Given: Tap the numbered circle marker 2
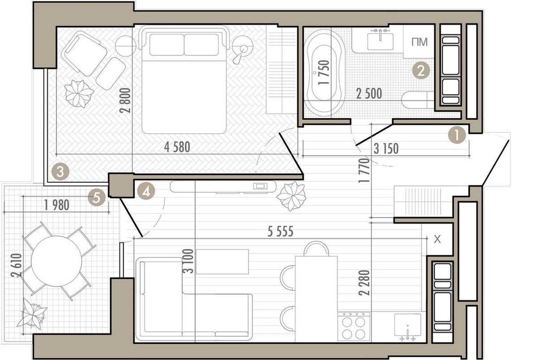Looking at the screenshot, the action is click(421, 71).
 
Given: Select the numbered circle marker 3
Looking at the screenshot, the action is click(61, 171).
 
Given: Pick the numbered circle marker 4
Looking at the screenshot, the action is click(146, 191).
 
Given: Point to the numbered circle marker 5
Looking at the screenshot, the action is click(97, 198).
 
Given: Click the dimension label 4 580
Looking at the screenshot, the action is click(177, 147).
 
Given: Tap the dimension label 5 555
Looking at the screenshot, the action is click(280, 232).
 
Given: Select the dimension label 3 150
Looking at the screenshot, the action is click(386, 149).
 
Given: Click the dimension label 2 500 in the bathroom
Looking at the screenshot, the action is click(369, 93).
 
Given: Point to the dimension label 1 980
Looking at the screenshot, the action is click(57, 205).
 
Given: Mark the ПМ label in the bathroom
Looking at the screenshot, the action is click(420, 42).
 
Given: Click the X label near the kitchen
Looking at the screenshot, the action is click(437, 240).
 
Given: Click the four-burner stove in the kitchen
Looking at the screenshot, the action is click(354, 327).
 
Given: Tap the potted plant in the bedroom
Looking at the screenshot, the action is click(79, 93).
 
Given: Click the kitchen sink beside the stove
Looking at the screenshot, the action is click(408, 326).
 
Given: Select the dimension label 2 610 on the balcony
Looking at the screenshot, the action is click(16, 266).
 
